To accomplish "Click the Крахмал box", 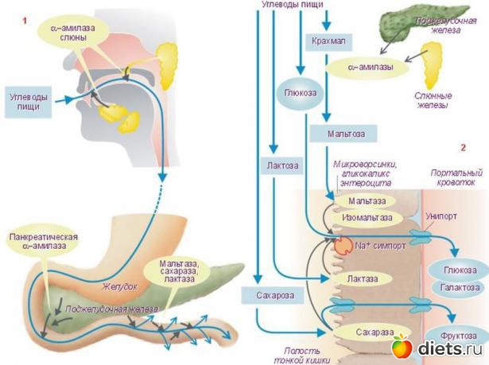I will click(328, 40).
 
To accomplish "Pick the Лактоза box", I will click(277, 165).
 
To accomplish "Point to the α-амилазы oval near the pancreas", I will click(370, 68).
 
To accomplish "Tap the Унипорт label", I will click(464, 215).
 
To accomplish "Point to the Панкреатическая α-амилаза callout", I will click(41, 244).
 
